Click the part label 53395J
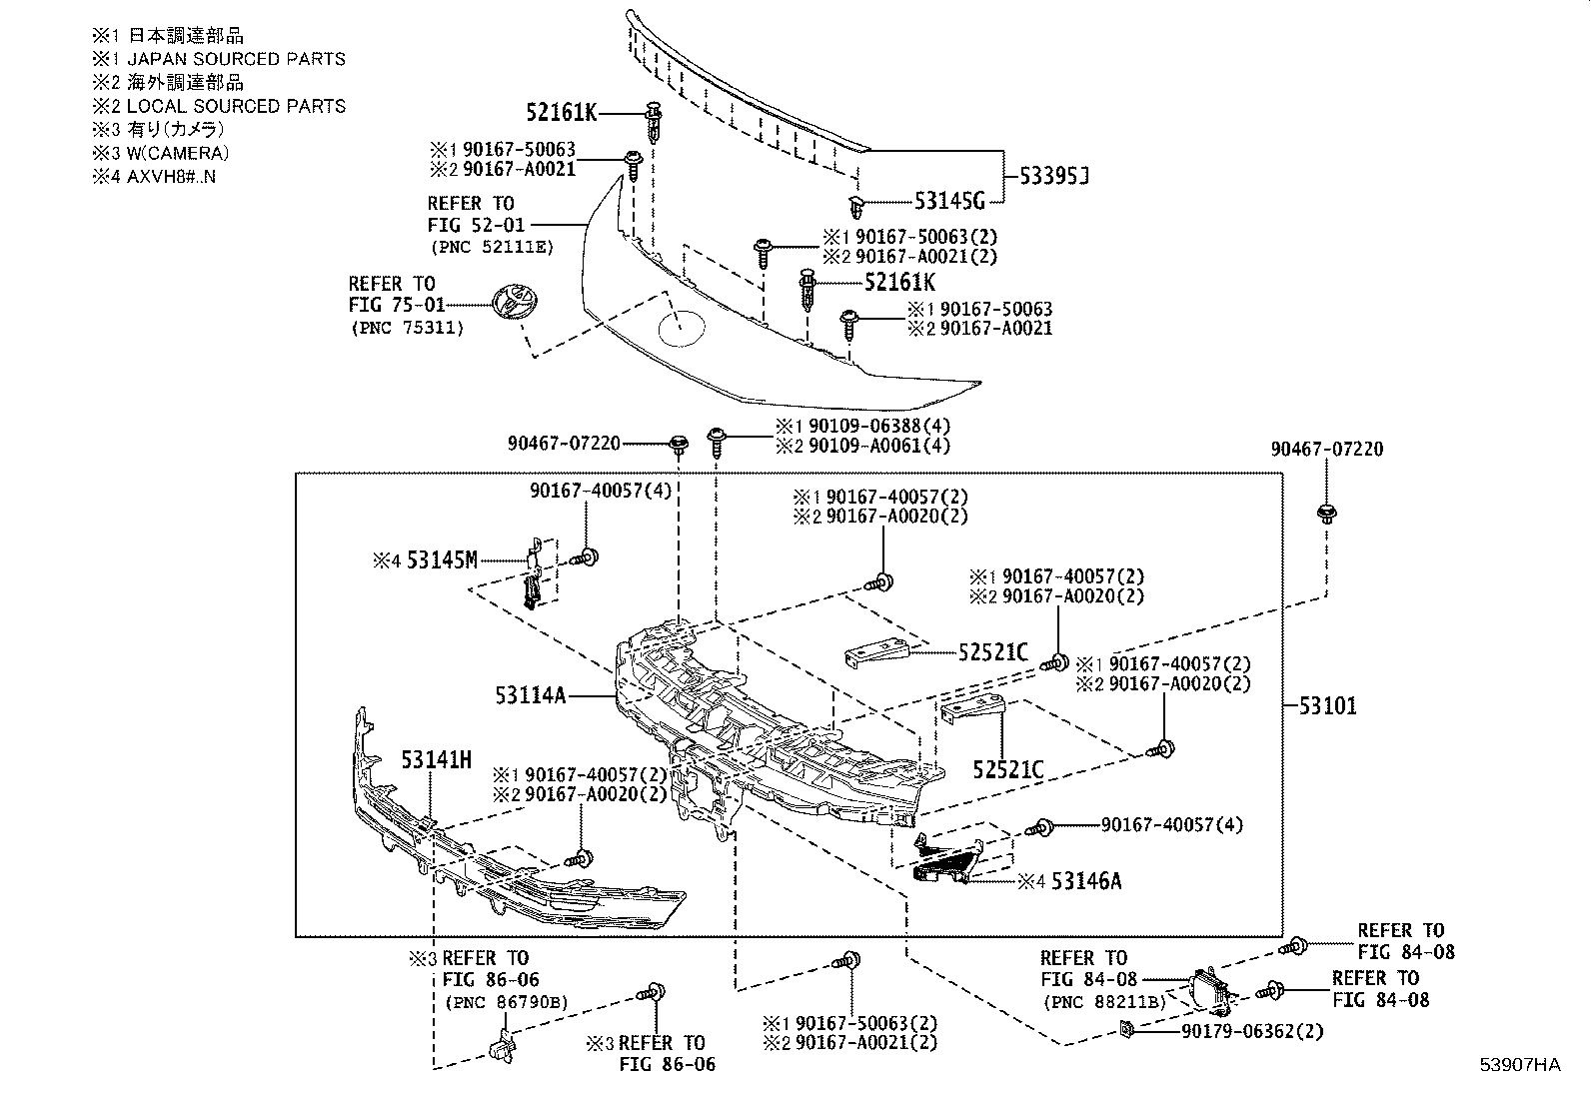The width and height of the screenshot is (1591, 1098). click(x=1054, y=176)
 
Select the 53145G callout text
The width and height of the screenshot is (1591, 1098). click(x=949, y=201)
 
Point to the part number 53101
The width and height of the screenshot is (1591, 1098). click(x=1327, y=706)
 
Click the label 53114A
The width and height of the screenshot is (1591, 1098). click(x=531, y=694)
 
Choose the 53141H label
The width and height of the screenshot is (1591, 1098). click(x=436, y=760)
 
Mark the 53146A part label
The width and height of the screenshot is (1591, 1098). click(x=1086, y=881)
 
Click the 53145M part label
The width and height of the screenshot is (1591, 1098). click(x=442, y=560)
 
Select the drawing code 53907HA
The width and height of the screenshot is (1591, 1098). click(x=1520, y=1065)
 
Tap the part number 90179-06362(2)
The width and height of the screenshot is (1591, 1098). click(x=1252, y=1031)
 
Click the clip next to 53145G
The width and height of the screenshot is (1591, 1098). click(x=856, y=207)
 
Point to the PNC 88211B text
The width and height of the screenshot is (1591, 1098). click(x=1103, y=1002)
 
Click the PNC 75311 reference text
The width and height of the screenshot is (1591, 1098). click(x=407, y=328)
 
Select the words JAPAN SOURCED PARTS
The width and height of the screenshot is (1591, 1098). click(x=236, y=59)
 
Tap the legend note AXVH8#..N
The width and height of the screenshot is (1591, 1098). click(x=171, y=176)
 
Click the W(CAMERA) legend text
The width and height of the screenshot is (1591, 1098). click(x=178, y=153)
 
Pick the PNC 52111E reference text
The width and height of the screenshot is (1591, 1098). click(x=492, y=247)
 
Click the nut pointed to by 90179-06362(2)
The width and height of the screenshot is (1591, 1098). click(x=1125, y=1029)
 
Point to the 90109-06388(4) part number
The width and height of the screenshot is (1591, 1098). click(x=879, y=427)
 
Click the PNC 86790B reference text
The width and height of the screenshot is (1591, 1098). click(x=507, y=1002)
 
